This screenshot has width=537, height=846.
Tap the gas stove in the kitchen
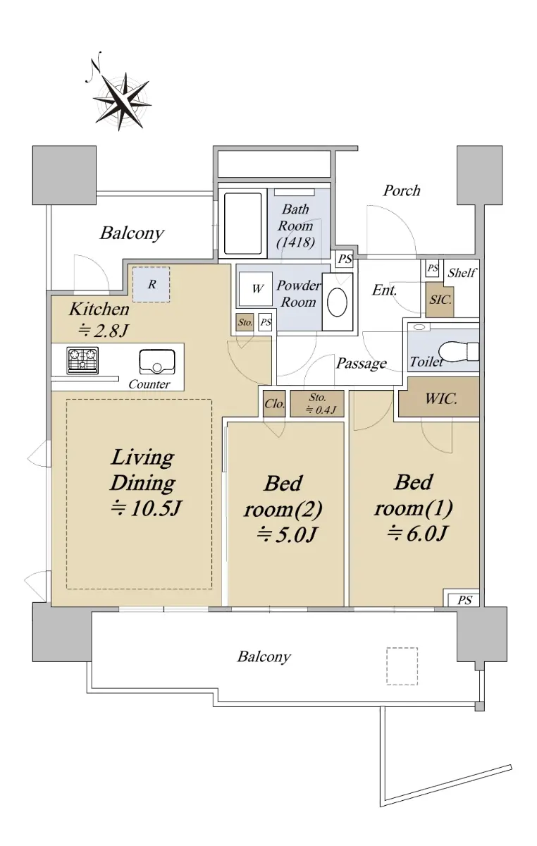coord(82,360)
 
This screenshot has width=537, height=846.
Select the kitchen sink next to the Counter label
coord(157,362)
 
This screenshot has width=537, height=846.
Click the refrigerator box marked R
coord(152,284)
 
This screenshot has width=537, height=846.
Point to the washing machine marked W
coord(256,288)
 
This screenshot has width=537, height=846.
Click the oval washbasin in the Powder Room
coord(338,302)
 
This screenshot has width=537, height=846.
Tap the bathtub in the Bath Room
coord(243,223)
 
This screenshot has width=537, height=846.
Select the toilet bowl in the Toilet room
coord(459,351)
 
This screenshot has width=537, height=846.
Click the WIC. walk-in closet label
coord(441,399)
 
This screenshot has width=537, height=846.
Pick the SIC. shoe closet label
coord(440,300)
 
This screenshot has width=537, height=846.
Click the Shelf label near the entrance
coord(462,272)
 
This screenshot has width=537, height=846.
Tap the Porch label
coord(402,191)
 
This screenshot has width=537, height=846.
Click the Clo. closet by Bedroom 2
coord(275,404)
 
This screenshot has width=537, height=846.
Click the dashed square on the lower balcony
coord(402,666)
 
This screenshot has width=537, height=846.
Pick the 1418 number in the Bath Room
coord(296,242)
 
